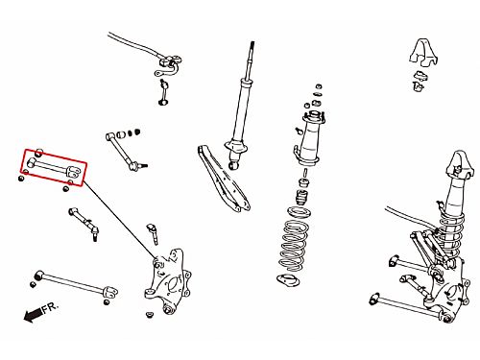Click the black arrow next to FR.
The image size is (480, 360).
point(33,314)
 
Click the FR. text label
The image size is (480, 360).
point(51,307)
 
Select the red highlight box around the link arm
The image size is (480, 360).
point(54,167)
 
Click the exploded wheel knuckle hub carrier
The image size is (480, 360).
point(167,281)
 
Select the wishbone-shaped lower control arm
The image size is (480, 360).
point(223,179)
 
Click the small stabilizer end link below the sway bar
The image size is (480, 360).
point(164,92)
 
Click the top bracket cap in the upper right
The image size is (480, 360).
point(423,53)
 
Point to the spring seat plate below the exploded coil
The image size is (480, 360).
point(288,280)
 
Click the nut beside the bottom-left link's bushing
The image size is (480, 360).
point(33,284)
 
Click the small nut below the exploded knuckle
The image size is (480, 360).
point(149,315)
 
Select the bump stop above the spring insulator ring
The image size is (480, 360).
point(302,199)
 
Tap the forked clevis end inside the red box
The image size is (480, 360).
point(74,172)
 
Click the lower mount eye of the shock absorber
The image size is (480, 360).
point(234,166)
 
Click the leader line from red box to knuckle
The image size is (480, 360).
point(120,220)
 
